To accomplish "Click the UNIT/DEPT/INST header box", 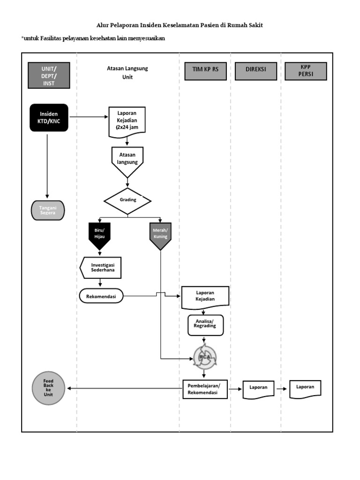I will tap(49, 75).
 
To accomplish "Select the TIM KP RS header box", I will tap(205, 69).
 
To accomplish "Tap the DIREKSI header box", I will tap(255, 69).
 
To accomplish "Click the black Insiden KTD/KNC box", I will tap(49, 117).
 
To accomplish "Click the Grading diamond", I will tap(127, 201).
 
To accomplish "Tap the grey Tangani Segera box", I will tap(47, 210).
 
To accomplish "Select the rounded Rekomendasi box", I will tap(101, 296).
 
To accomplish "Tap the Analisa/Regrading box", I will tap(205, 325).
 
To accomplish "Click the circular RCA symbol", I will tap(205, 357).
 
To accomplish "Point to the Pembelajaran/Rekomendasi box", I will tap(204, 389).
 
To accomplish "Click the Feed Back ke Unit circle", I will tap(48, 388).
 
